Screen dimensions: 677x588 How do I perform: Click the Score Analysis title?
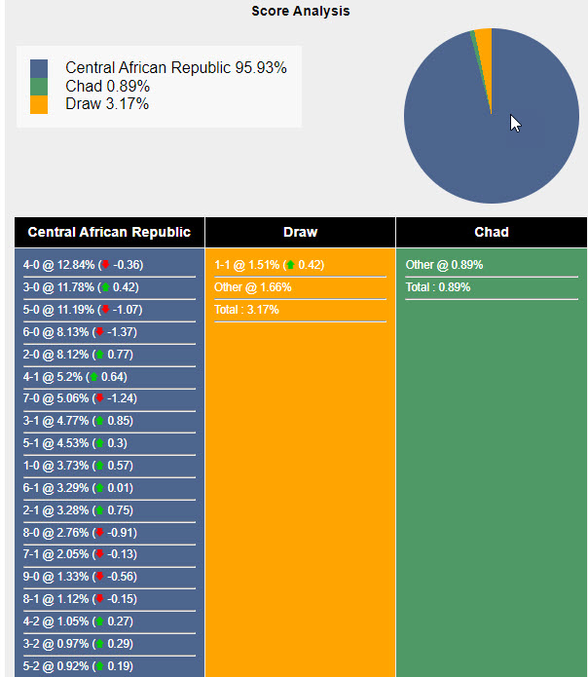[300, 12]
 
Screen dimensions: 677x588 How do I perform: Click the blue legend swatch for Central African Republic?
[39, 68]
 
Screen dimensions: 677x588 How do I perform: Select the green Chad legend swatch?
[39, 87]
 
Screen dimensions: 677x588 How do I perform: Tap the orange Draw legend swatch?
[39, 104]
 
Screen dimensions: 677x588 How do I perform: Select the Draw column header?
[300, 232]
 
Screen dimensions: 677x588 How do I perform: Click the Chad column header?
[492, 232]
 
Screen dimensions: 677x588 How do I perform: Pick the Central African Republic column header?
[109, 232]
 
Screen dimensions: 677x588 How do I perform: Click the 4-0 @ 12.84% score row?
[83, 265]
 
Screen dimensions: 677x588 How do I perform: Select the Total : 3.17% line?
[247, 310]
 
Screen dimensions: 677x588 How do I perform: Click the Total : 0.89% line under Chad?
[438, 287]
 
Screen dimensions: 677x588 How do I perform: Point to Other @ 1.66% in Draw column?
[252, 287]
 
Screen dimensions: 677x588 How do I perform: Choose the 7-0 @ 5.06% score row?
[80, 398]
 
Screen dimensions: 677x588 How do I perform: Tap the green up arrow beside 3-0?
[105, 287]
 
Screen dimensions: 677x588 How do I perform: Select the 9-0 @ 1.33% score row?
[80, 577]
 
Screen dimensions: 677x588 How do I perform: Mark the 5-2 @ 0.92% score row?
[80, 666]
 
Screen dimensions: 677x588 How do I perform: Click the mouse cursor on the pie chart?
[516, 124]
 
